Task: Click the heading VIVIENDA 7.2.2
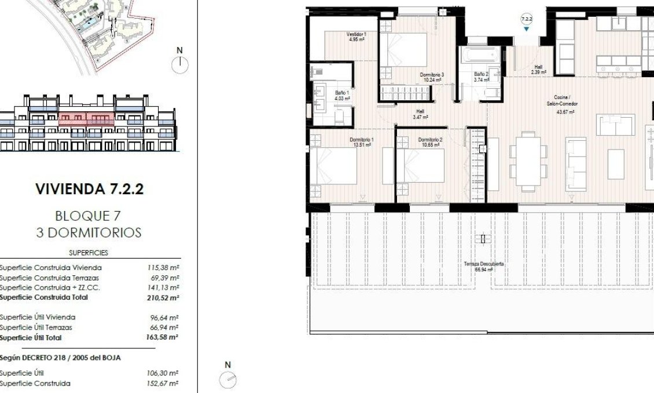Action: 89,189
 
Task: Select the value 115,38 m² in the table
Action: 163,268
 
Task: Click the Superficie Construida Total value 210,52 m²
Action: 163,297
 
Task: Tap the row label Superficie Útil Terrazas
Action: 37,327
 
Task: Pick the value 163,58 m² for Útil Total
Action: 163,337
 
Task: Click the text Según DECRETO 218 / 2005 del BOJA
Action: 60,358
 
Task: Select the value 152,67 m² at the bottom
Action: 163,383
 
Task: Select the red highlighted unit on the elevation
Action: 86,119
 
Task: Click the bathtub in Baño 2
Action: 479,58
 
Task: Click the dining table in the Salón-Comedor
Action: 528,155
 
